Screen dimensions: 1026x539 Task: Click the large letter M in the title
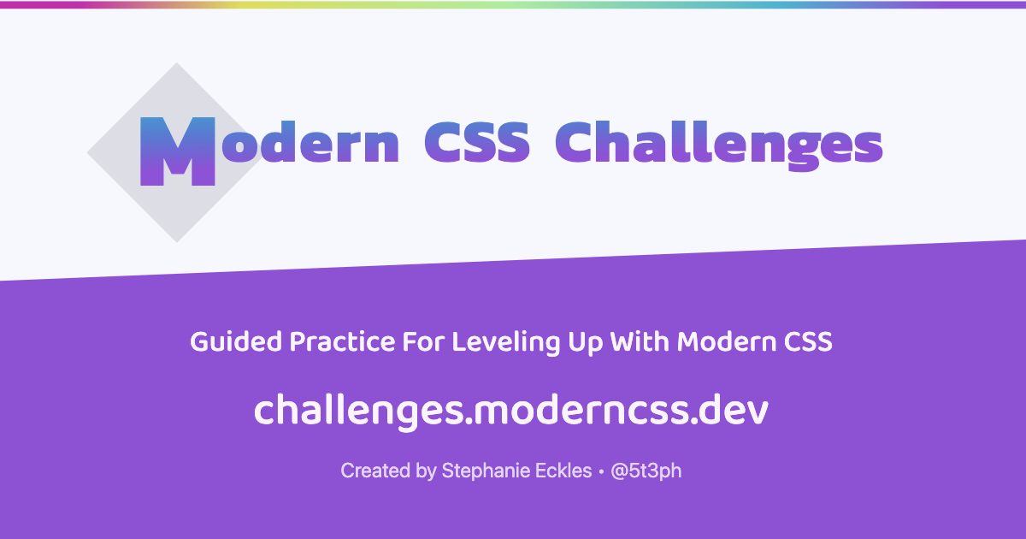click(x=177, y=151)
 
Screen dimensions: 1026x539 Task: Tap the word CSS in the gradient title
click(x=477, y=142)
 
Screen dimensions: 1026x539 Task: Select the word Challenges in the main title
click(x=719, y=145)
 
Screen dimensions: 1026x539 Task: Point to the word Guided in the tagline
click(x=236, y=342)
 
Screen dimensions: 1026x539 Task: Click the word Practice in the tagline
click(x=342, y=342)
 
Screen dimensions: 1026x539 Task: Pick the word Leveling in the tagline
click(x=505, y=343)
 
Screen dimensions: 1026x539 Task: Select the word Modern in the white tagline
click(x=727, y=342)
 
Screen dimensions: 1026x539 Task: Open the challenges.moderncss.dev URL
click(x=511, y=410)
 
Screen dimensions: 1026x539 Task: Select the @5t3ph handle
click(x=646, y=471)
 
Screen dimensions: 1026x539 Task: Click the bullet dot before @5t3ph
click(x=601, y=471)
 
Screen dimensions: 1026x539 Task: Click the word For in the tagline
click(x=423, y=342)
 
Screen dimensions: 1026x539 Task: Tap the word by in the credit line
click(x=426, y=471)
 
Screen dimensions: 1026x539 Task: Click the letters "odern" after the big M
click(x=310, y=142)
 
